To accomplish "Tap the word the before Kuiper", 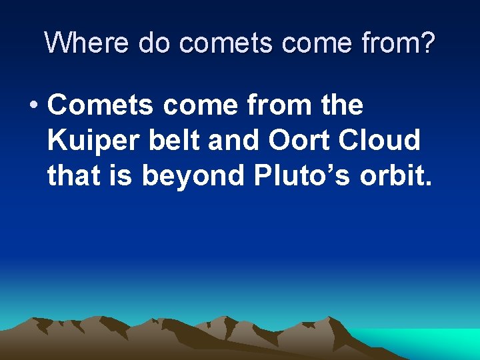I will point(340,105).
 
